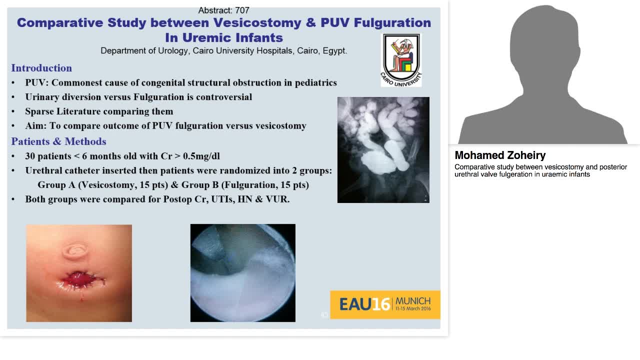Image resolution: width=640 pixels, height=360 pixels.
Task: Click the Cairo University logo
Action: [401, 59]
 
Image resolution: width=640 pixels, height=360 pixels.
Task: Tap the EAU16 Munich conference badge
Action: [385, 304]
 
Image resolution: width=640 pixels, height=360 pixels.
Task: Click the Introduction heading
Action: [41, 68]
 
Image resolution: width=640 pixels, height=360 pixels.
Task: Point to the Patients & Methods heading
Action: [58, 141]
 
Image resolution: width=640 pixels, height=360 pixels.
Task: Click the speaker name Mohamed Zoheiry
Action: [499, 155]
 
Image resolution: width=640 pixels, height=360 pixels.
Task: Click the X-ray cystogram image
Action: [383, 150]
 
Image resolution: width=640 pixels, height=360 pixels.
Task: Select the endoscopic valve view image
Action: [242, 273]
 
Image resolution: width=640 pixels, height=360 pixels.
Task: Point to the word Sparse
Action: [39, 111]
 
